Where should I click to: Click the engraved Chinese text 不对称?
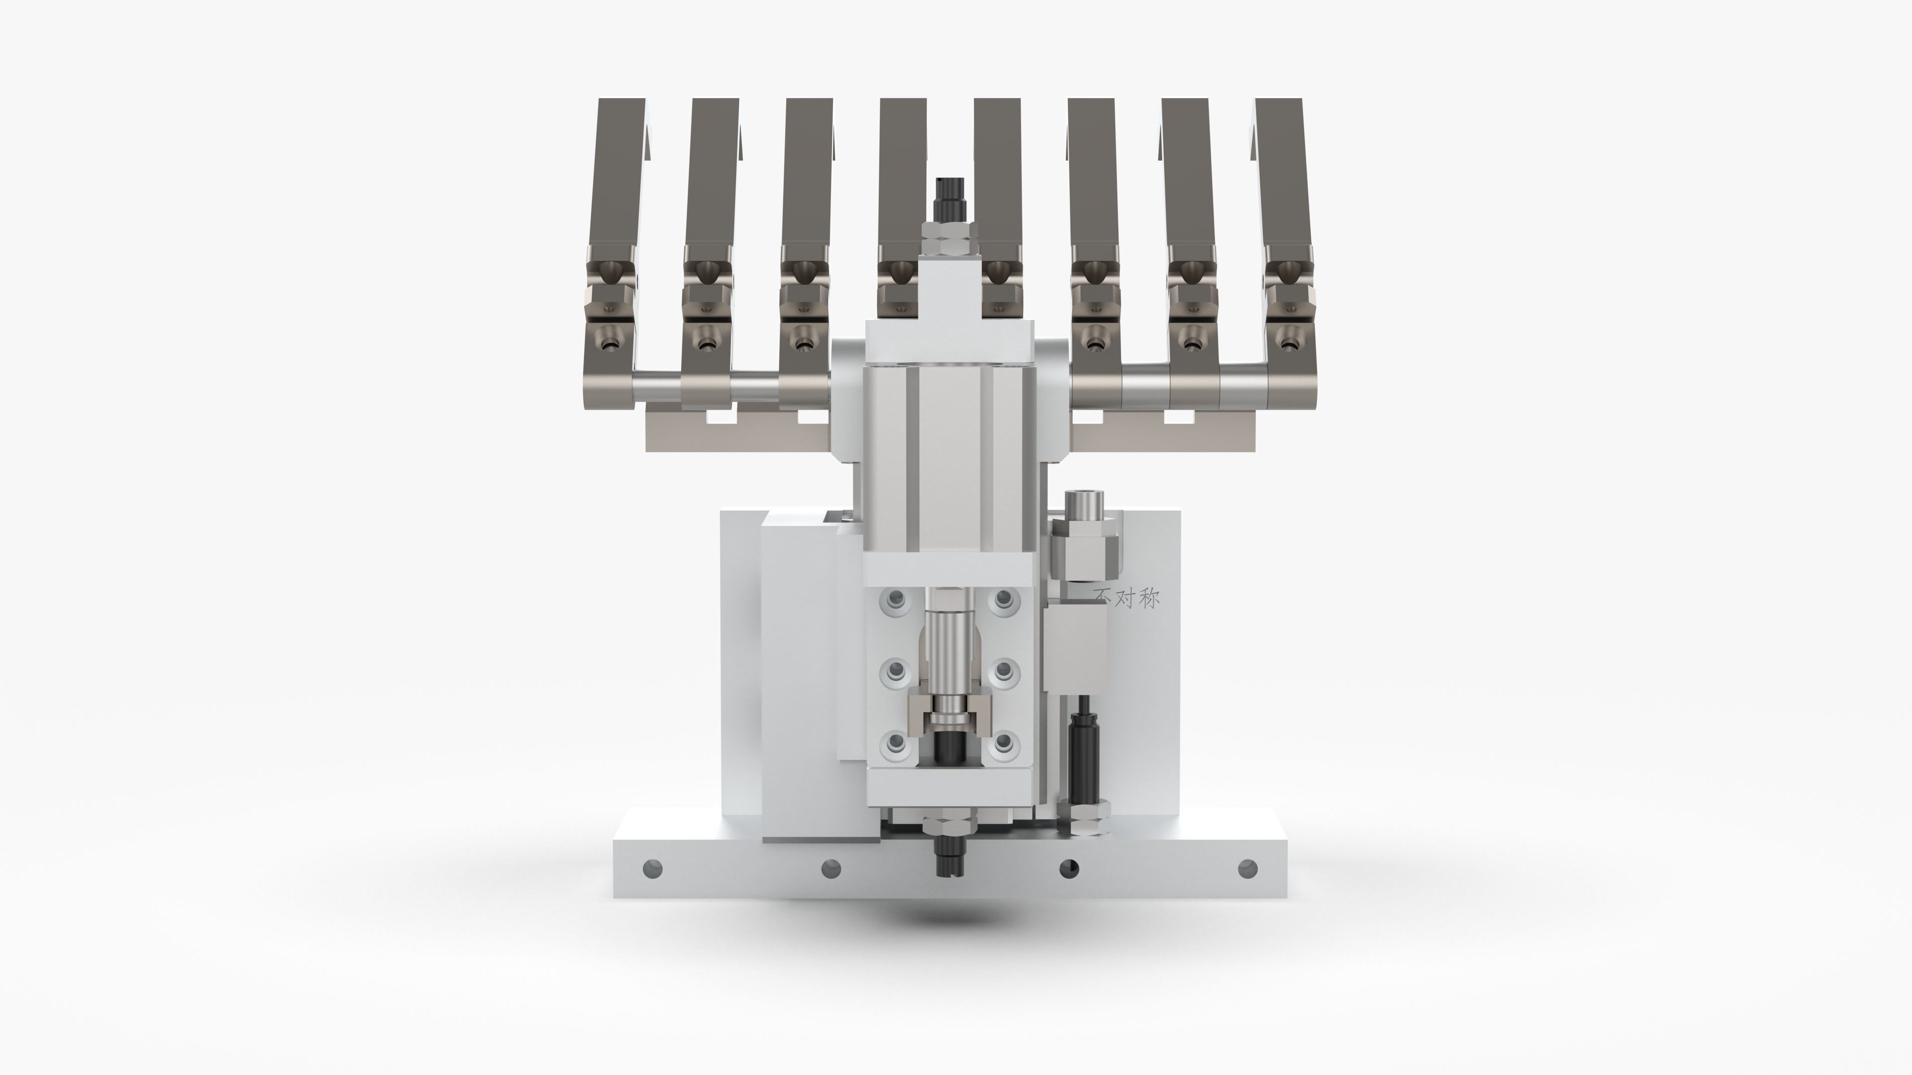(1127, 598)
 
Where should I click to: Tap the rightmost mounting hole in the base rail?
(1248, 867)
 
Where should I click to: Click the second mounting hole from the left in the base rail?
(832, 867)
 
